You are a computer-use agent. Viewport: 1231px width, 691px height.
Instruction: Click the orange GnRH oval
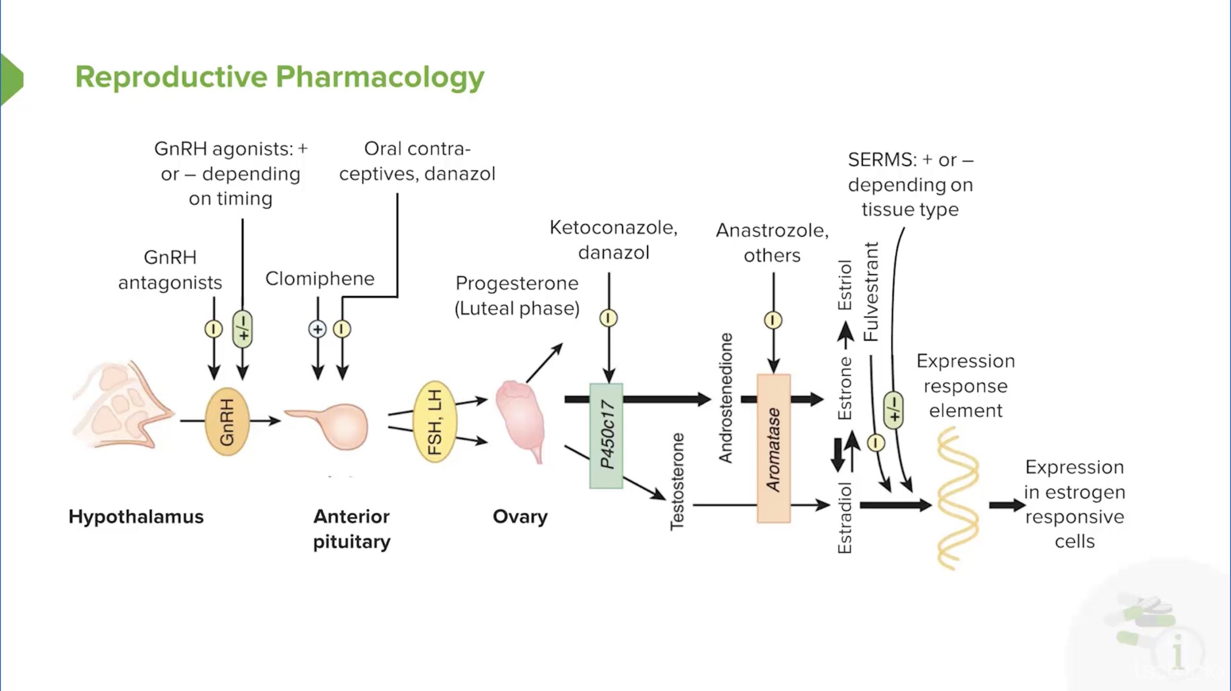[x=227, y=422]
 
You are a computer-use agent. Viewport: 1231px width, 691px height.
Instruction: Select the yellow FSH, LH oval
[x=435, y=422]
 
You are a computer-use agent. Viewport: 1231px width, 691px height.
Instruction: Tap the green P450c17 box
[x=606, y=435]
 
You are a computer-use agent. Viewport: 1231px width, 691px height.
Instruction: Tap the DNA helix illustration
[x=957, y=498]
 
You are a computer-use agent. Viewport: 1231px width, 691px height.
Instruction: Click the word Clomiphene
[x=320, y=279]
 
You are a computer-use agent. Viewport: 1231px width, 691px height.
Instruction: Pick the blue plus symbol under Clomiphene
[x=317, y=329]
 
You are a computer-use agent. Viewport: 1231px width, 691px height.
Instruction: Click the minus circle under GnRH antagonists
[x=214, y=329]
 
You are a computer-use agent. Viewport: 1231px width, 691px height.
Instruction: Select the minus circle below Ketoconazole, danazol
[x=608, y=318]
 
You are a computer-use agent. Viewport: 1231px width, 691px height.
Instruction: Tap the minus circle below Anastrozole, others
[x=773, y=320]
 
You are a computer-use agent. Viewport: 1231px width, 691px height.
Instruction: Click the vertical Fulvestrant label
[x=871, y=292]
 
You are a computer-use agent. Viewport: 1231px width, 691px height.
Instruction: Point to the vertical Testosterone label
[x=677, y=482]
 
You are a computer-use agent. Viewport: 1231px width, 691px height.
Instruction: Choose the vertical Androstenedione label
[x=726, y=398]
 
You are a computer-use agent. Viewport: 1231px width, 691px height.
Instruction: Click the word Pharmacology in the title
[x=379, y=77]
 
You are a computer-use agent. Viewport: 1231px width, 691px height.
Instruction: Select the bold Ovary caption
[x=520, y=517]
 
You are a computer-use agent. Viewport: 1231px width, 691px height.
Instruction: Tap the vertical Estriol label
[x=845, y=285]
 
